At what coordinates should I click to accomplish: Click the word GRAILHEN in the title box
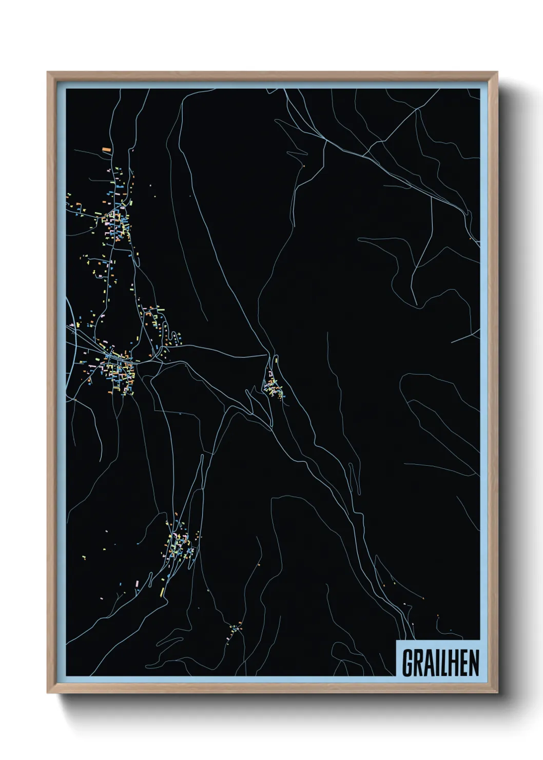point(440,663)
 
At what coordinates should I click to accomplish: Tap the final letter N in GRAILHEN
point(474,663)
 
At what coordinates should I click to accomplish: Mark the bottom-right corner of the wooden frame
point(497,692)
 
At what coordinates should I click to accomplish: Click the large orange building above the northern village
point(107,149)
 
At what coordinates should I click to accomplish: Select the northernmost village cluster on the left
point(117,216)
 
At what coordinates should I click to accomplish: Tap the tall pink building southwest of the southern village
point(138,584)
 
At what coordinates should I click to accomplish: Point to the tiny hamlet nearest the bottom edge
point(235,629)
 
